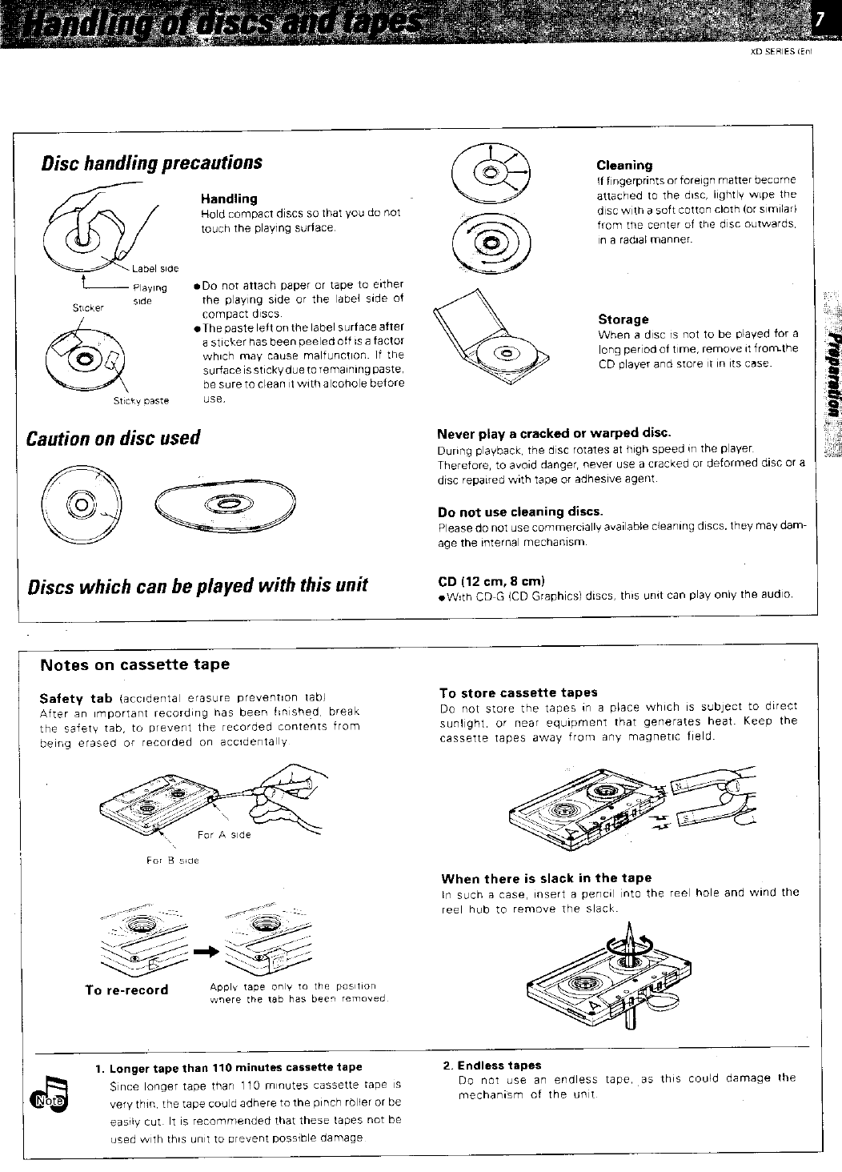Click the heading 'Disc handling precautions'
(152, 163)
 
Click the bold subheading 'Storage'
(623, 319)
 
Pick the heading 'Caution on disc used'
(113, 439)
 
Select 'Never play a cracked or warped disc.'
(554, 434)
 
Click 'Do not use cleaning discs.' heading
(520, 512)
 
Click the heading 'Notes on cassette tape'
(135, 664)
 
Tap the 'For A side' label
(223, 834)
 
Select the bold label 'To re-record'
(127, 989)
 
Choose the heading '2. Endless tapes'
(492, 1066)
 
